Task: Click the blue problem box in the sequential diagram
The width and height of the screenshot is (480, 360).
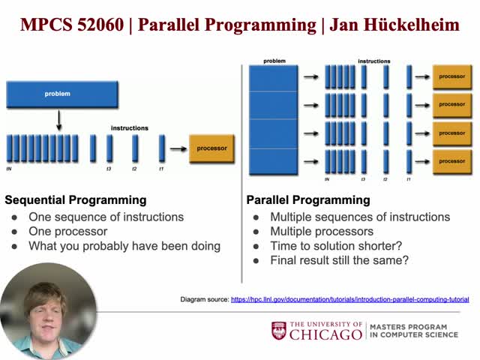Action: [61, 94]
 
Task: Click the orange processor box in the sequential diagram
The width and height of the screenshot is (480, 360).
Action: [211, 148]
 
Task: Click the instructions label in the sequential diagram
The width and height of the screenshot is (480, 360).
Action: [129, 128]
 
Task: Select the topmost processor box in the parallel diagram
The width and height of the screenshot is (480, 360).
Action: [451, 76]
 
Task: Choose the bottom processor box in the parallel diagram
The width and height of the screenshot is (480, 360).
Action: [451, 160]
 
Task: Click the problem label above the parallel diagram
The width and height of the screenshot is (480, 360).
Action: [274, 61]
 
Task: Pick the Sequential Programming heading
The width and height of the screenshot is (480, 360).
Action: [76, 200]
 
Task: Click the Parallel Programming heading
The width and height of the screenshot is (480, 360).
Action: [308, 200]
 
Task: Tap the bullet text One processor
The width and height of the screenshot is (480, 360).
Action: [68, 232]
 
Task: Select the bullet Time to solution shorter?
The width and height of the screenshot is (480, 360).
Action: [337, 246]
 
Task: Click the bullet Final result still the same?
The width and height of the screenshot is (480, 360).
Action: [339, 260]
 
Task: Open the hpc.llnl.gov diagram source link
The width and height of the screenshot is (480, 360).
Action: [349, 299]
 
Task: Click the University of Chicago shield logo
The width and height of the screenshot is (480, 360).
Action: [279, 331]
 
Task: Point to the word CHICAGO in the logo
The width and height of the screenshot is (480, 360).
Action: [325, 335]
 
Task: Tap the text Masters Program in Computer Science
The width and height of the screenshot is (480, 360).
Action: [413, 331]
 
